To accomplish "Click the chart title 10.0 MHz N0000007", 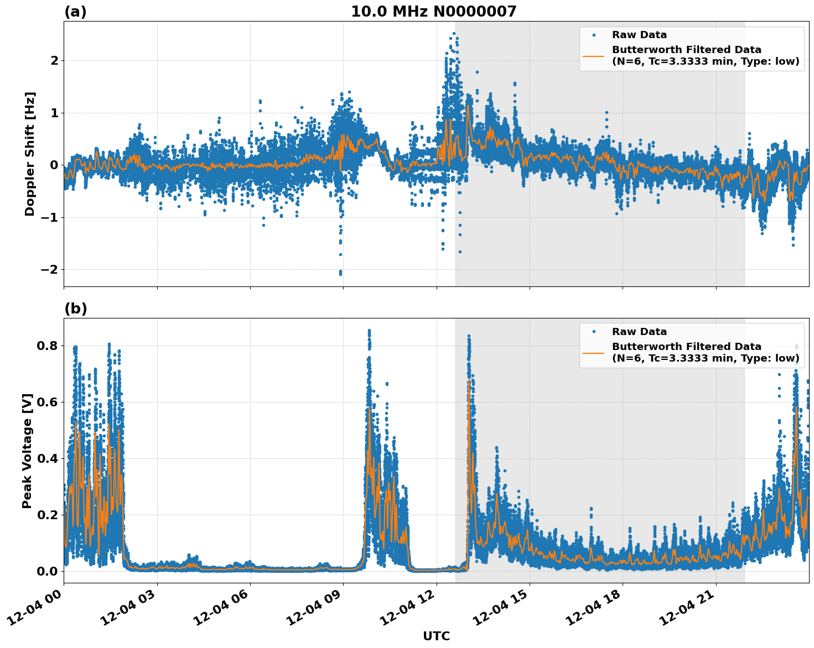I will [x=433, y=12].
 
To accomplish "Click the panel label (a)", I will [x=75, y=12].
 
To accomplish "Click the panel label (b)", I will [x=75, y=309].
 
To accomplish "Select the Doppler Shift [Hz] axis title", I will [x=30, y=154].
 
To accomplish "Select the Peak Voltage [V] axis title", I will [x=27, y=451].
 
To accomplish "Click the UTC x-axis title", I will [x=436, y=636].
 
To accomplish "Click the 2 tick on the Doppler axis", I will [x=54, y=60].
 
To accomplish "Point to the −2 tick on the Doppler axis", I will [x=50, y=270].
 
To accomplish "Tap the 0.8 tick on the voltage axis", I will [x=48, y=346].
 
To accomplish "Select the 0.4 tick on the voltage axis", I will [x=48, y=459].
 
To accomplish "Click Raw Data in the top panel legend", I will [x=639, y=35].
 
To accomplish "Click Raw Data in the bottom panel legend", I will [x=639, y=332].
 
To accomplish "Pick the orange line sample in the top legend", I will [x=594, y=55].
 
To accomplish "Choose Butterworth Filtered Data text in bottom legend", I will [x=686, y=347].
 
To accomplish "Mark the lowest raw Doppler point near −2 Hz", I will [x=340, y=274].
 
